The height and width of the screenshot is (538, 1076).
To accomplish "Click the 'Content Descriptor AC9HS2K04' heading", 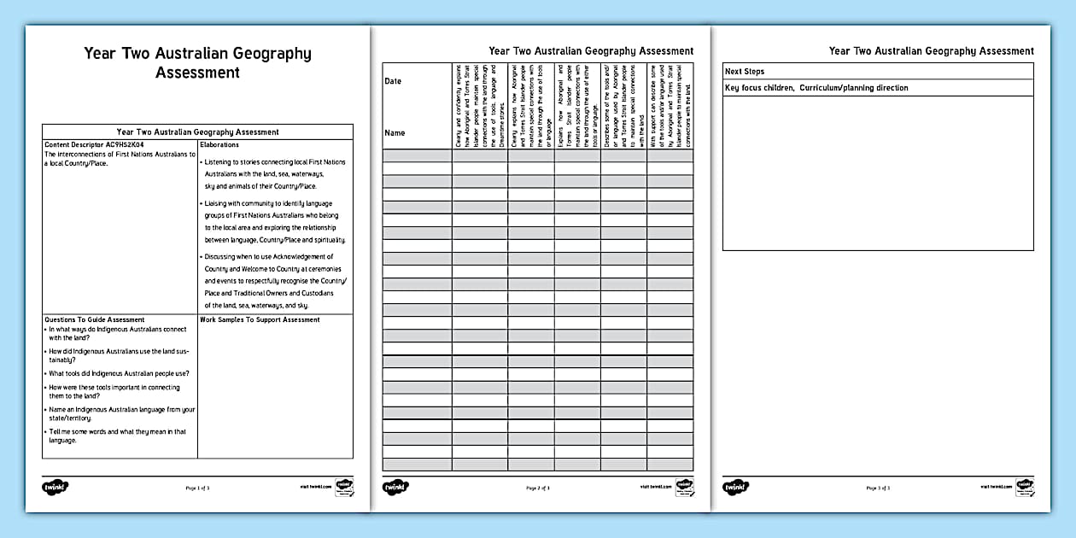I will click(95, 145).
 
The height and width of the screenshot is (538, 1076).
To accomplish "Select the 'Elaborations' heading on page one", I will click(219, 145).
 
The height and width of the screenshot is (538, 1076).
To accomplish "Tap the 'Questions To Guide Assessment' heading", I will click(95, 320).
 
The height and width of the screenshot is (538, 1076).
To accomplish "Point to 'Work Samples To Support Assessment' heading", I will click(260, 320).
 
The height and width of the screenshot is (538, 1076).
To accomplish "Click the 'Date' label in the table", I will click(393, 81).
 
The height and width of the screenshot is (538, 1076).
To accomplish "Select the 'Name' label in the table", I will click(395, 133).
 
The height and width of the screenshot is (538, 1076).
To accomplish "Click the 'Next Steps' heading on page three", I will click(745, 72).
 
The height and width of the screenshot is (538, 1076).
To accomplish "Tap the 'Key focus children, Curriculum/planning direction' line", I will click(816, 88).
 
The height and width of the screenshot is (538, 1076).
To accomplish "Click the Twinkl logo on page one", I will click(56, 487).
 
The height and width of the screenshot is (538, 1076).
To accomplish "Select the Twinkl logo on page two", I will click(395, 487).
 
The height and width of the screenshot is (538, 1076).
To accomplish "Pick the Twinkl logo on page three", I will click(736, 487).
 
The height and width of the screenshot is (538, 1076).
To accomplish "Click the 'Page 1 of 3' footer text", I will click(197, 488).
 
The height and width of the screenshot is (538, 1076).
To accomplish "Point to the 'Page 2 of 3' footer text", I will click(538, 488).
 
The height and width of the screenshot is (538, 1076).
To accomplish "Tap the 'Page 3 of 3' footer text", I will click(878, 488).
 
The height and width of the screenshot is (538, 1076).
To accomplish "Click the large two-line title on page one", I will click(197, 63).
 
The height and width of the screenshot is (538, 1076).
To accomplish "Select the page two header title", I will click(591, 51).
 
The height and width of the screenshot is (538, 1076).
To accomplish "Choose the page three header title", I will click(931, 51).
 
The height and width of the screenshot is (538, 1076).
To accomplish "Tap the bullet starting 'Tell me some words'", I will click(118, 436).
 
